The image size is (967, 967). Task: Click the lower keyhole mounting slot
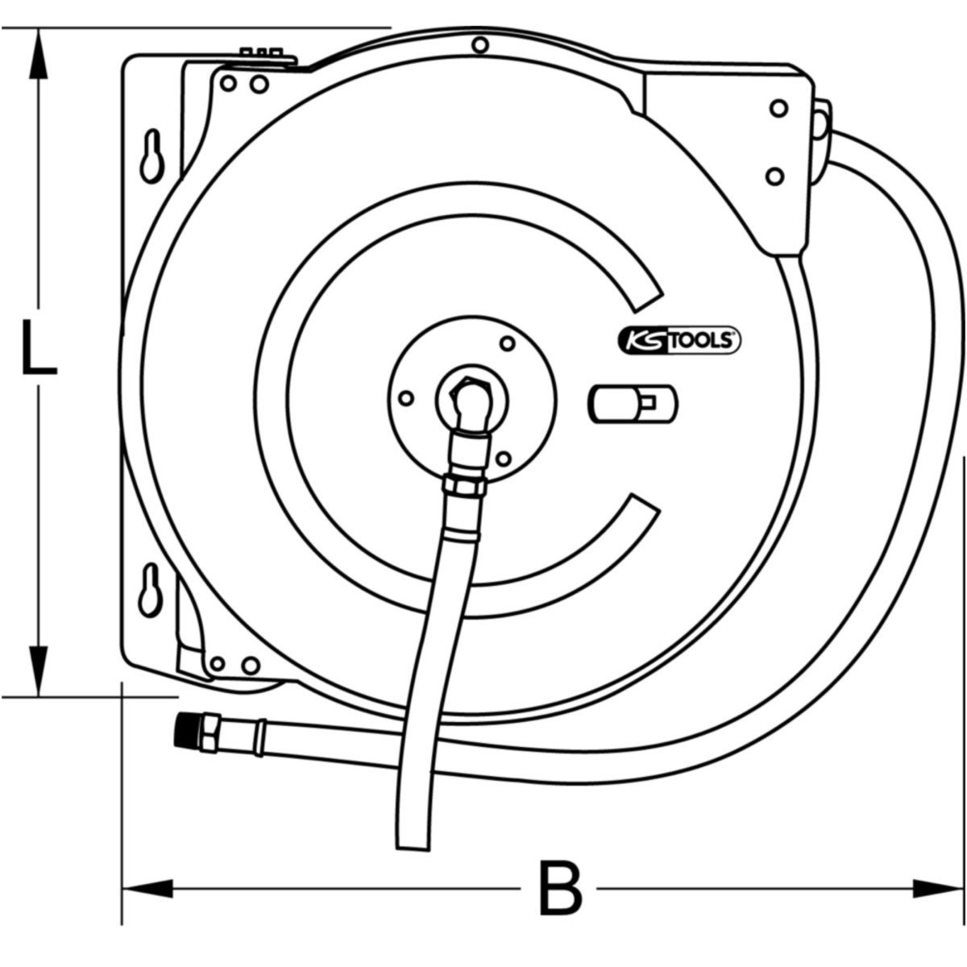tap(151, 588)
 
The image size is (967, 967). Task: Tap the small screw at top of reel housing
tap(480, 45)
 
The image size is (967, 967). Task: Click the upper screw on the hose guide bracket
tap(778, 108)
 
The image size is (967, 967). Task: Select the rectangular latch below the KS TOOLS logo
tap(633, 403)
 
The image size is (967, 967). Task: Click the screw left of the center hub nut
tap(407, 397)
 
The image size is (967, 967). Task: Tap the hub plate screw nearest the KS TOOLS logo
tap(507, 343)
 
